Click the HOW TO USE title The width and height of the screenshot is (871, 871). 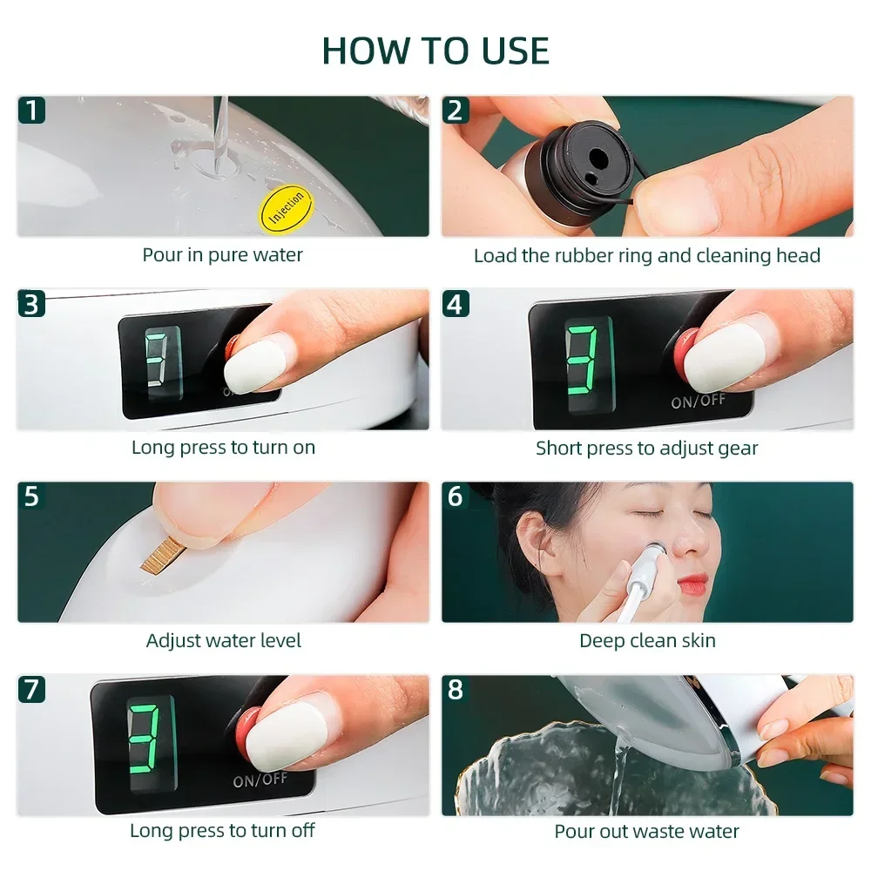click(x=435, y=51)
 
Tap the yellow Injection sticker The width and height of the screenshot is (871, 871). click(x=287, y=207)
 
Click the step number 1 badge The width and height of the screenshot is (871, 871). click(x=31, y=110)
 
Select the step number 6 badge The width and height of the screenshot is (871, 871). click(x=456, y=496)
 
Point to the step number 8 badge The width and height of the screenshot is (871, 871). click(x=456, y=689)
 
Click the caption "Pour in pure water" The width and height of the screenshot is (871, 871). click(x=222, y=255)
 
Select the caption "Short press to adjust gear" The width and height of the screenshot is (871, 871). click(x=646, y=449)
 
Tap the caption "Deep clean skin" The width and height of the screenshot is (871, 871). click(x=647, y=641)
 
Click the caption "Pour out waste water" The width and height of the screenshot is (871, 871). click(x=646, y=832)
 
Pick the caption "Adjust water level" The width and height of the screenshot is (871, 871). click(x=223, y=641)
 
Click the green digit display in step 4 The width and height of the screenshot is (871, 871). click(x=582, y=360)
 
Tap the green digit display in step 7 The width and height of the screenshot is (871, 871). click(x=145, y=739)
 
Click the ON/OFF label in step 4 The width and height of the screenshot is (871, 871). click(x=699, y=400)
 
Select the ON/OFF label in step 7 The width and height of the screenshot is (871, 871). click(x=260, y=780)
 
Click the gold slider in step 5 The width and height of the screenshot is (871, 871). click(x=159, y=557)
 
